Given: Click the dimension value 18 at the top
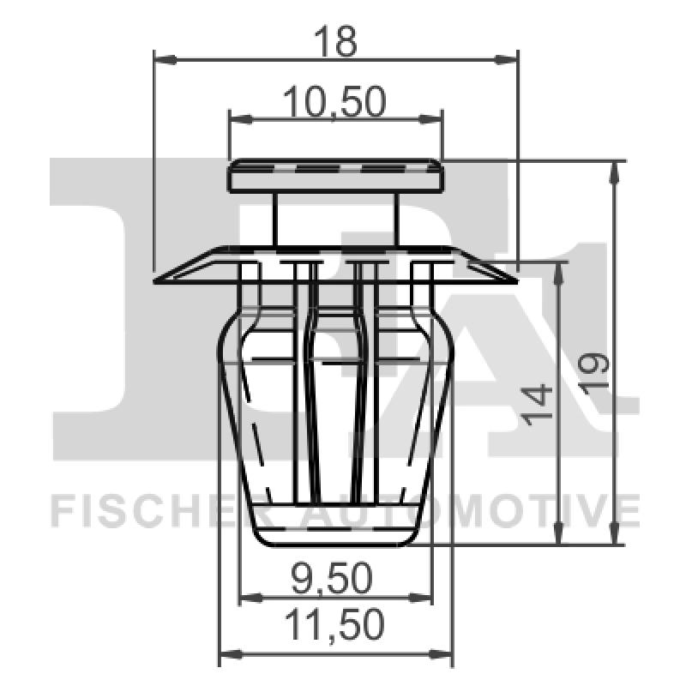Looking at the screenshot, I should [x=335, y=40].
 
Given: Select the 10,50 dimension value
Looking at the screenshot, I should [x=335, y=102].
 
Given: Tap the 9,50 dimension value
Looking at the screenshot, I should [x=335, y=580].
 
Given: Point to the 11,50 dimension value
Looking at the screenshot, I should [x=335, y=626].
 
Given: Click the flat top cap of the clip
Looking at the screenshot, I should [x=335, y=177].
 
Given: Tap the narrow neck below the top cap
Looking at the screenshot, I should [x=335, y=220].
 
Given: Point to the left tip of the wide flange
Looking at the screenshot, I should [x=158, y=280].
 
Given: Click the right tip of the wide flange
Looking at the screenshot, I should [x=514, y=280].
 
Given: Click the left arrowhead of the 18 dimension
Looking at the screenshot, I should [x=160, y=59].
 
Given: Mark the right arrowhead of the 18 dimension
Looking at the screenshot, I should [x=512, y=59].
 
